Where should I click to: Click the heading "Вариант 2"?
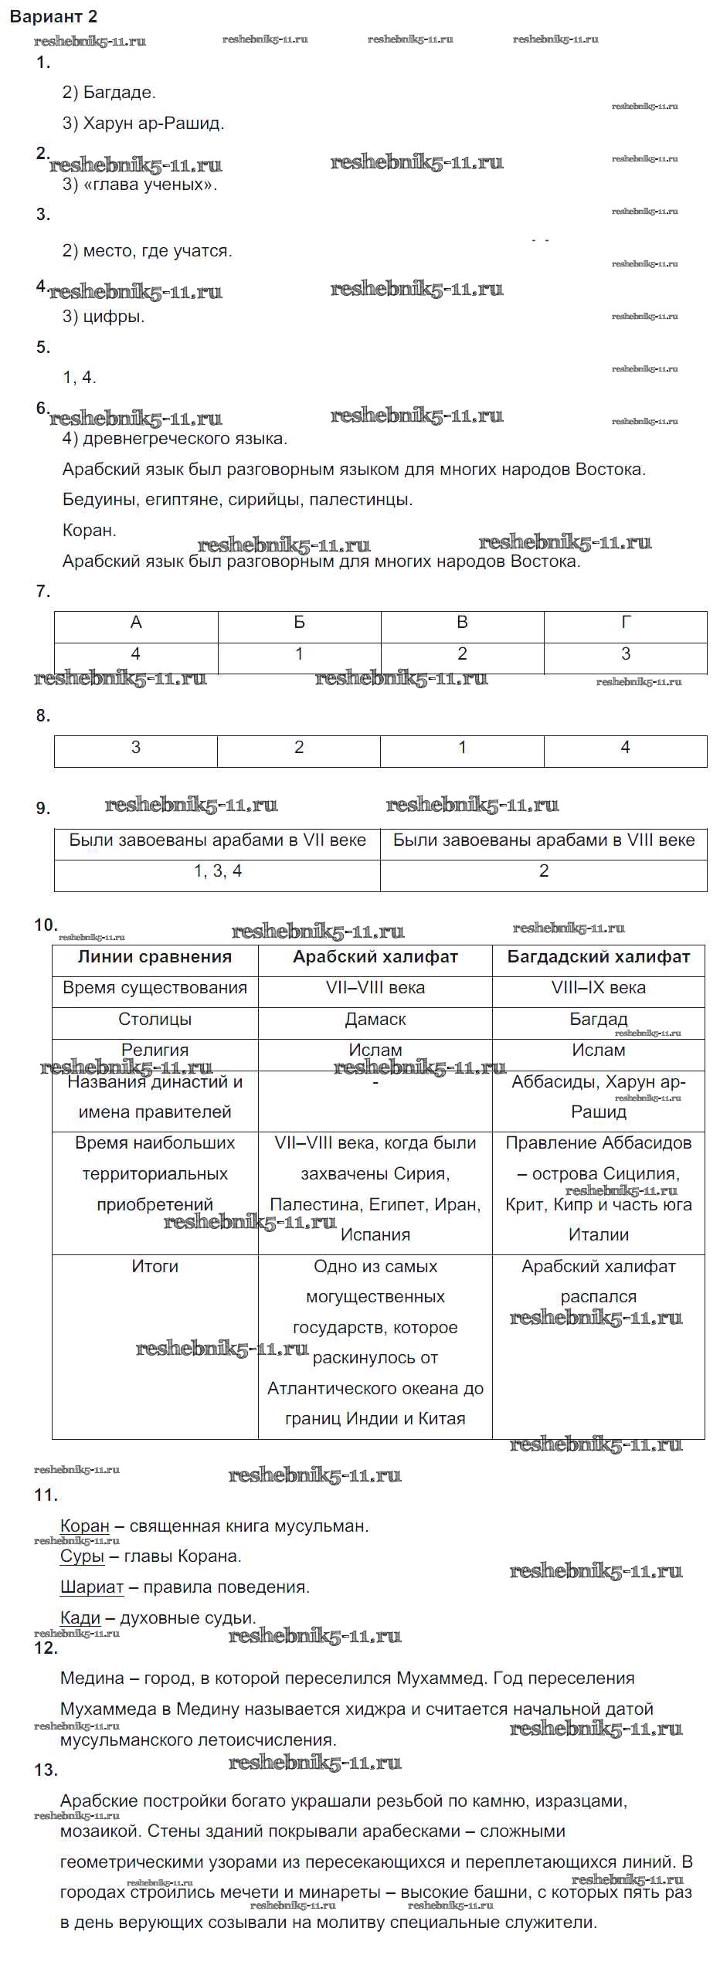[53, 16]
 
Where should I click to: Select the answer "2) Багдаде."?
[109, 93]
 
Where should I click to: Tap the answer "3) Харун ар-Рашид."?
[143, 124]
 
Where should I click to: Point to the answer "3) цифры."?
[104, 316]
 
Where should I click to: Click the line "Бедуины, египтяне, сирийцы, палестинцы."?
[237, 500]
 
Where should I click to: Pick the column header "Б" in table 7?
[299, 623]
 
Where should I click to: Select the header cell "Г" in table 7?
[625, 623]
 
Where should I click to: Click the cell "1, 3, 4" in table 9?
[217, 871]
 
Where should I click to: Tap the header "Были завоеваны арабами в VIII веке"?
[543, 840]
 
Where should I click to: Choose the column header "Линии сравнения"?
[155, 957]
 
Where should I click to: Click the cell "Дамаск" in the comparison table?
[375, 1020]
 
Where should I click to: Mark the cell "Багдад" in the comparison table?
[598, 1020]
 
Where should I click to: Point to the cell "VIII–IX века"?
[598, 988]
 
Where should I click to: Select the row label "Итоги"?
[155, 1267]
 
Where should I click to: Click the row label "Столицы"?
[155, 1020]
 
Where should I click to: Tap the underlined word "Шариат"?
[92, 1587]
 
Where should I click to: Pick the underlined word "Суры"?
[82, 1556]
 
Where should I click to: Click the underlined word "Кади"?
[80, 1617]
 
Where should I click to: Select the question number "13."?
[46, 1770]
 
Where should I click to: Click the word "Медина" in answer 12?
[92, 1678]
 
